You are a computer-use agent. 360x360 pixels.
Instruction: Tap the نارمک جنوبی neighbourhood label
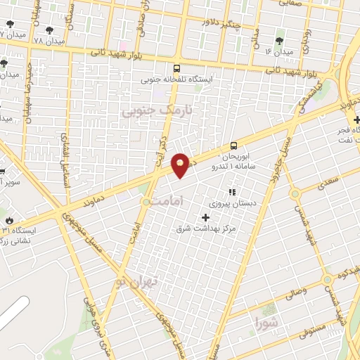(156, 111)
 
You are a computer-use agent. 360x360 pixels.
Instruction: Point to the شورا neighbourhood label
(268, 324)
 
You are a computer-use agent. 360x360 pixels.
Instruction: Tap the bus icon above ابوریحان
(233, 146)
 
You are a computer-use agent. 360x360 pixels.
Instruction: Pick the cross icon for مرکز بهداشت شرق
(205, 217)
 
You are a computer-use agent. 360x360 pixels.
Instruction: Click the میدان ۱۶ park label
(278, 52)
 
